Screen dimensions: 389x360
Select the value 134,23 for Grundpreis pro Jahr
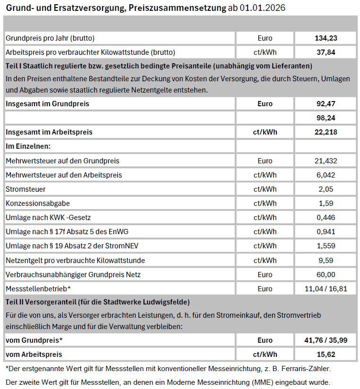[x=326, y=38]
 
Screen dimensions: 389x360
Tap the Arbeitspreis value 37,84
[x=326, y=52]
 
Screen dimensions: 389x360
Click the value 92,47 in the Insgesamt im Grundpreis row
[x=326, y=103]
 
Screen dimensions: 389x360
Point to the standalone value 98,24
[x=326, y=118]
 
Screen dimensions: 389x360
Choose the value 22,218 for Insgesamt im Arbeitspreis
[x=326, y=132]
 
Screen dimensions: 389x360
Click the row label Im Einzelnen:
[x=28, y=146]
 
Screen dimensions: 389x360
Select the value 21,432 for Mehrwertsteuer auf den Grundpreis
[x=326, y=161]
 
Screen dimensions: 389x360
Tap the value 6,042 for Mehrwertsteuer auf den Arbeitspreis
[x=326, y=175]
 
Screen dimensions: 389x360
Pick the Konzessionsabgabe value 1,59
[x=326, y=203]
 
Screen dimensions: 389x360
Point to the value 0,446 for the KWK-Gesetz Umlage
[x=326, y=218]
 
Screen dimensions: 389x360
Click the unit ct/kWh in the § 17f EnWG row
[x=265, y=232]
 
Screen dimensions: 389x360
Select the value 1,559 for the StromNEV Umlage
[x=326, y=246]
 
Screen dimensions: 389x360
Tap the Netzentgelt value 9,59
[x=326, y=260]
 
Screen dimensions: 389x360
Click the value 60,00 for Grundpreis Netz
[x=326, y=274]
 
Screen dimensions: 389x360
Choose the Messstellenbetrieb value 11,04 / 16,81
[x=326, y=288]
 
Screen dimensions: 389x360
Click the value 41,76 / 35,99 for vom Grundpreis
[x=326, y=340]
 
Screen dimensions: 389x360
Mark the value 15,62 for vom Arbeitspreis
[x=326, y=354]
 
